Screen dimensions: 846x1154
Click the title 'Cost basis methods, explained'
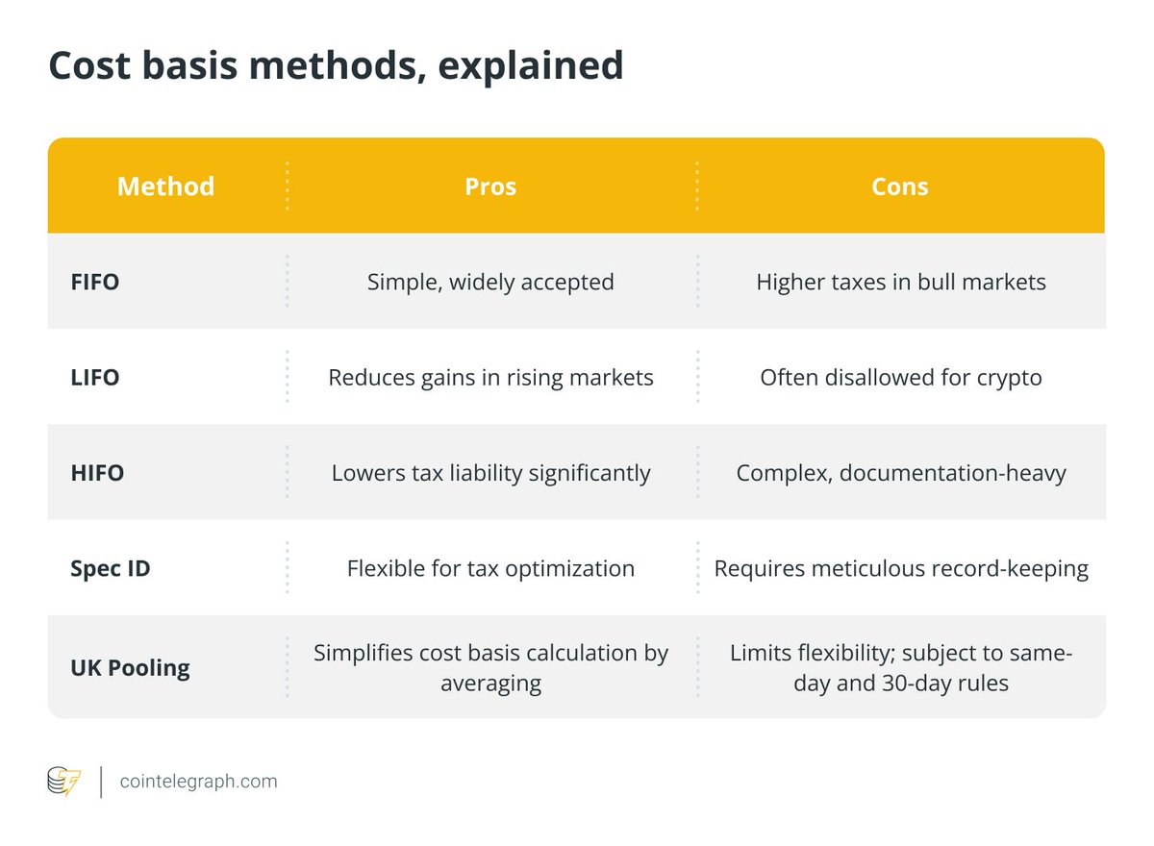(336, 65)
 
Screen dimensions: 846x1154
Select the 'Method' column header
(165, 186)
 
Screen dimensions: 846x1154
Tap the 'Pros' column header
(490, 186)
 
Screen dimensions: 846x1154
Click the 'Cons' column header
(900, 186)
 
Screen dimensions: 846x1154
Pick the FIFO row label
(95, 283)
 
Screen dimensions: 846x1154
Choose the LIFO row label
(95, 378)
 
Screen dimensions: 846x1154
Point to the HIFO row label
(97, 473)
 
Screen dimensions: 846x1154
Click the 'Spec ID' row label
(111, 568)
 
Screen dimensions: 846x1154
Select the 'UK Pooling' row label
(130, 668)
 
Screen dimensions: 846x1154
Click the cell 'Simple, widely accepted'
(490, 283)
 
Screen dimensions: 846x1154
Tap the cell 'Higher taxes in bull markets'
(901, 283)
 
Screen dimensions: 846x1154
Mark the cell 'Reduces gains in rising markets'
(490, 378)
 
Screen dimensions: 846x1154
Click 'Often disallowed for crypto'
(901, 378)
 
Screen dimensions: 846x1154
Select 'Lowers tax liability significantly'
(490, 473)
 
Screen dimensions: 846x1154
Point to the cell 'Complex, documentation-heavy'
(901, 473)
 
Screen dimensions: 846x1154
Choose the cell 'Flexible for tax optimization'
(490, 568)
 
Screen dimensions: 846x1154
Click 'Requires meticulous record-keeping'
(901, 568)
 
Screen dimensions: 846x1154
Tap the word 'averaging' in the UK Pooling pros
(490, 684)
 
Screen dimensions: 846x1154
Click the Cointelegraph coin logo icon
(64, 781)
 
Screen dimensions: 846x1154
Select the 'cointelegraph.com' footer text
(198, 782)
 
